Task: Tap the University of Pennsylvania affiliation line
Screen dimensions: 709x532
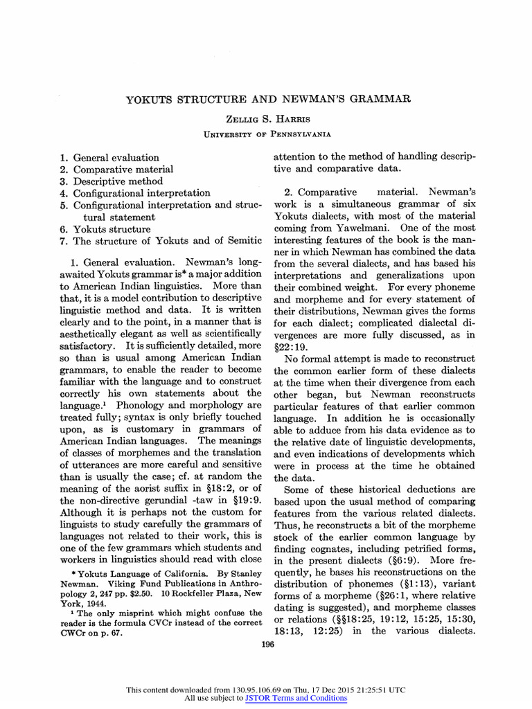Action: pos(267,134)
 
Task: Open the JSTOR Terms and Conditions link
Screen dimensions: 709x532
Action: pos(296,698)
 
